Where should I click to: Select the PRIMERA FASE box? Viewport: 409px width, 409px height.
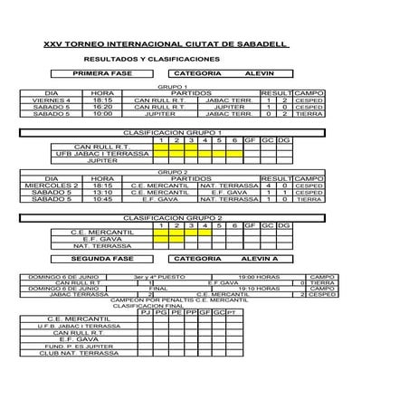[102, 73]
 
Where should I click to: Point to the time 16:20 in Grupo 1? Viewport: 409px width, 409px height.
[102, 107]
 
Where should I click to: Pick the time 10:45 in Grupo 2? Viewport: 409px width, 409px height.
[102, 199]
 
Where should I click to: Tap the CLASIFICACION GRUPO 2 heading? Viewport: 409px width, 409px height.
[172, 218]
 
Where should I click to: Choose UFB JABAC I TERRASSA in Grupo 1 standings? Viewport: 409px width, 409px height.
[102, 153]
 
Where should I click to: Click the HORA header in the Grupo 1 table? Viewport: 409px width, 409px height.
[102, 92]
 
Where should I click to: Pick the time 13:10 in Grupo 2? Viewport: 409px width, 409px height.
[102, 192]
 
